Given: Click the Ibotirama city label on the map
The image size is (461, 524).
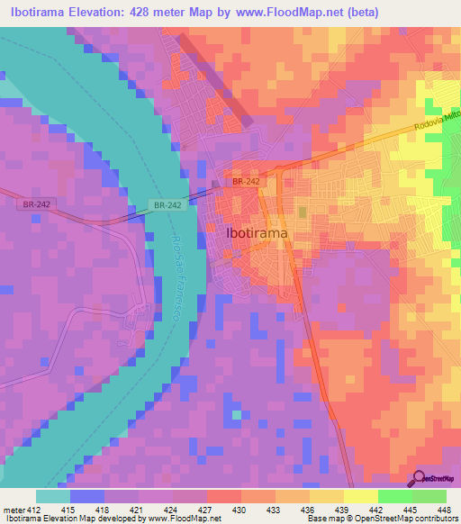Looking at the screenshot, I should coord(257,232).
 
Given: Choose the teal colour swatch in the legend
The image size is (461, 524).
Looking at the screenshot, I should coord(52,496).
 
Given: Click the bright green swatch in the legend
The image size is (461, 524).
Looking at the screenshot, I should coord(394,496).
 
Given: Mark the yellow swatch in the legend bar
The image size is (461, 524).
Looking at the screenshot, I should coord(360,496).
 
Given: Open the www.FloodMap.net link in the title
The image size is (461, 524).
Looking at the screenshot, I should coord(274,12).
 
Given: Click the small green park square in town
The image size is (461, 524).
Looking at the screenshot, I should coord(303,212).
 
